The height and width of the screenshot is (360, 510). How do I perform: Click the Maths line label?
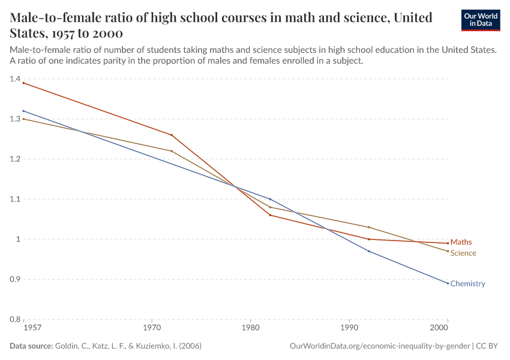pos(461,242)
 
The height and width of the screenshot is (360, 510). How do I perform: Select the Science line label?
pos(463,253)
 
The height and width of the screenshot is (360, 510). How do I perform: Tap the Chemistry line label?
pos(467,284)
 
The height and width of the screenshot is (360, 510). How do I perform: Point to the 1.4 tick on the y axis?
pos(15,79)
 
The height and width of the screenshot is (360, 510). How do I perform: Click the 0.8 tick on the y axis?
pos(15,319)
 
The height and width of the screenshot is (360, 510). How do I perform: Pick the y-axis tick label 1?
pos(18,239)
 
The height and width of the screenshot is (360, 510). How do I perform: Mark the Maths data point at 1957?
pos(24,83)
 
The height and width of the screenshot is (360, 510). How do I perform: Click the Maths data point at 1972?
pos(172,135)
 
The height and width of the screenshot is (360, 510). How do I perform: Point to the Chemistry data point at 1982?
pos(270,199)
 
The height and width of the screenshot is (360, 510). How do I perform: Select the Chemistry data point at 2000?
pos(448,283)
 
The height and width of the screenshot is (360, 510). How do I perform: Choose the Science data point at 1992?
pos(368,227)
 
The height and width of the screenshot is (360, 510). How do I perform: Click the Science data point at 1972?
pos(172,151)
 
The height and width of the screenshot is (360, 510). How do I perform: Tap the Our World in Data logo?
pos(481,20)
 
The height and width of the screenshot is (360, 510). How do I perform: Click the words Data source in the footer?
pos(31,346)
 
